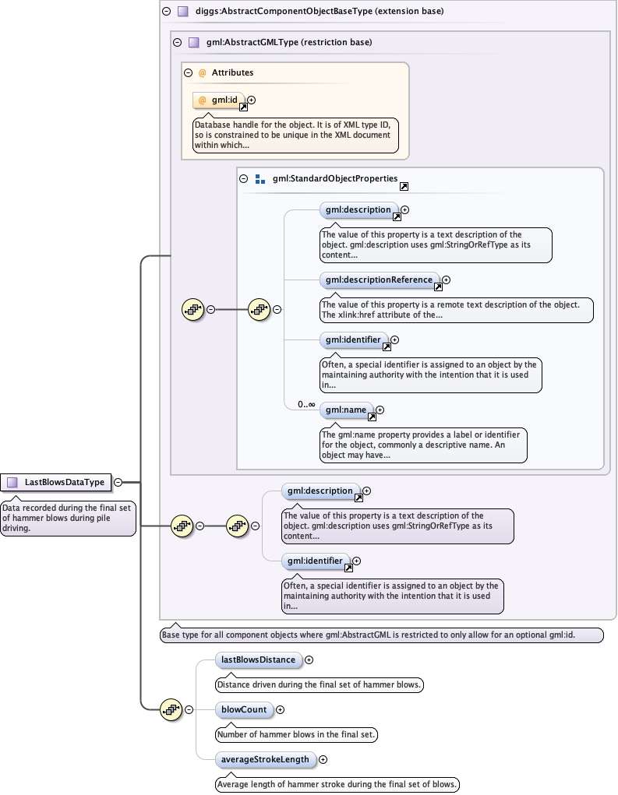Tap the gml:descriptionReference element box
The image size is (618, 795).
click(x=379, y=280)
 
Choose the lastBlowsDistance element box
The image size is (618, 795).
click(x=258, y=660)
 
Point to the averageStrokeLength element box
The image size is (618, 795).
click(x=265, y=759)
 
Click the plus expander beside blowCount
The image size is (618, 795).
click(x=281, y=709)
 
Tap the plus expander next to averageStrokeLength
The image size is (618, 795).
click(x=323, y=759)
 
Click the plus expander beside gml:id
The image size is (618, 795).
click(x=252, y=100)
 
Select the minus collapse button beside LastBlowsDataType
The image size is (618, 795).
click(x=118, y=482)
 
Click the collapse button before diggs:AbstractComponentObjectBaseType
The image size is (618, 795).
click(x=166, y=12)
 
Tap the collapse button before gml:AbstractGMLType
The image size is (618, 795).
click(x=177, y=42)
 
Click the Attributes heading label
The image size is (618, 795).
click(x=232, y=72)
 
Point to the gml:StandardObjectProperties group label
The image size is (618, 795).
click(x=335, y=179)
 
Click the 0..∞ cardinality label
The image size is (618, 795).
click(x=306, y=404)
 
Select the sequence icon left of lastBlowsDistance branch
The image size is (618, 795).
click(x=171, y=709)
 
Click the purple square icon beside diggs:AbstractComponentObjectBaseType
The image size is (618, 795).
click(x=183, y=12)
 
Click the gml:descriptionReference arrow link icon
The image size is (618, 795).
click(x=436, y=287)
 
